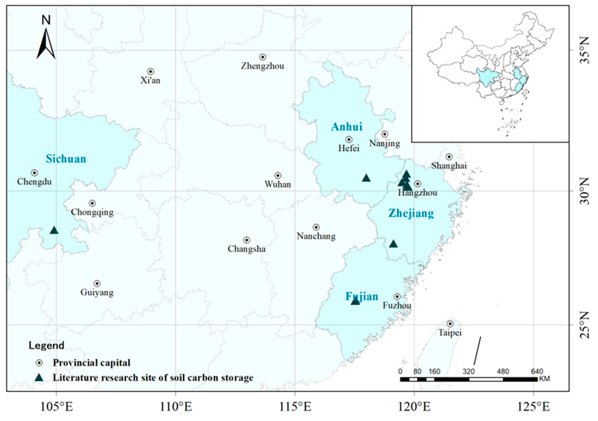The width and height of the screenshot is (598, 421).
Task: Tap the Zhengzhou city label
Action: pos(262,66)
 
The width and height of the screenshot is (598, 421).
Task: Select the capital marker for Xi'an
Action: pos(151,71)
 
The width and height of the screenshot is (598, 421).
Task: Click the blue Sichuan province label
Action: pos(66,159)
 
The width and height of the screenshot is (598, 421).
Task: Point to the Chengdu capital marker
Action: pos(34,173)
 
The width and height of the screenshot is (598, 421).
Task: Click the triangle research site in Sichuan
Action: pos(54,230)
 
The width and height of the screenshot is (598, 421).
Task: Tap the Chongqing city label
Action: pos(92,212)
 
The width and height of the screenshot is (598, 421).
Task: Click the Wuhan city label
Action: pos(278,184)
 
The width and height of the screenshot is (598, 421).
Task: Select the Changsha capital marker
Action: pos(247,240)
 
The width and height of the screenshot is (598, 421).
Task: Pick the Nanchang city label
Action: pos(316,236)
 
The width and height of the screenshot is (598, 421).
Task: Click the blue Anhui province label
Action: pos(347,127)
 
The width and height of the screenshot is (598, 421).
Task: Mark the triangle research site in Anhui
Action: pos(366,178)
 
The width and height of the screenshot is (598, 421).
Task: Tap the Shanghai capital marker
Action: pos(449,157)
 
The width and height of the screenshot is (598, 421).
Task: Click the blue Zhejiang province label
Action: pos(411,214)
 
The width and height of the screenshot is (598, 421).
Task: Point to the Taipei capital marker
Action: pos(450,324)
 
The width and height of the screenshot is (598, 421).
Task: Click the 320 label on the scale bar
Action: pos(469,372)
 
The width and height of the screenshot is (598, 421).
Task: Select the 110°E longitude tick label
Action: pos(176,407)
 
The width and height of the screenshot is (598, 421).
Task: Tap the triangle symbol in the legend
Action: pos(39,378)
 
